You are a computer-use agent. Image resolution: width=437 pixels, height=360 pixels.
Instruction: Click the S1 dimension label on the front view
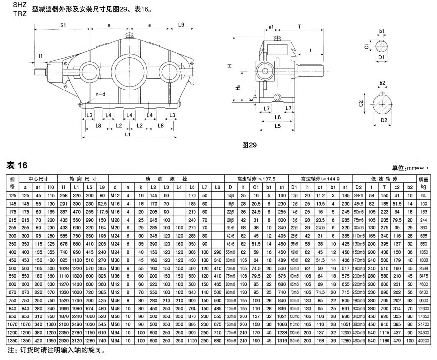tap(63, 25)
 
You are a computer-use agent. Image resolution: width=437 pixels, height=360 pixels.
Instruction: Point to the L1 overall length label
tap(127, 134)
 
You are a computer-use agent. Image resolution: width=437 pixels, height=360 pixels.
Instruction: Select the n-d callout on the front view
tap(100, 93)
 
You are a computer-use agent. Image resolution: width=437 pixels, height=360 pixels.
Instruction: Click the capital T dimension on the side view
tap(300, 26)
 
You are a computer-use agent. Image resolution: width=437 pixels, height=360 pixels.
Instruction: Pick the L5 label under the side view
tap(278, 126)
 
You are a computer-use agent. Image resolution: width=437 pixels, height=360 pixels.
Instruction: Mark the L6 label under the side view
tap(278, 117)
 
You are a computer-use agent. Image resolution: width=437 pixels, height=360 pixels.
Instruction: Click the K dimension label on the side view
tap(251, 99)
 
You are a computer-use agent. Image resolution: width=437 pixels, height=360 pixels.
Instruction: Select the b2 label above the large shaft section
tap(382, 83)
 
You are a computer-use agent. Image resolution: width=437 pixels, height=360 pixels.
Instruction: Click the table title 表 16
tap(17, 165)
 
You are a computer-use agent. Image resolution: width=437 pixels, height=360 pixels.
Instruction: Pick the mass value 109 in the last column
tap(423, 203)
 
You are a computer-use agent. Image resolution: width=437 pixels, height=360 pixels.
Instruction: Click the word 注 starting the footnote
tap(8, 350)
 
